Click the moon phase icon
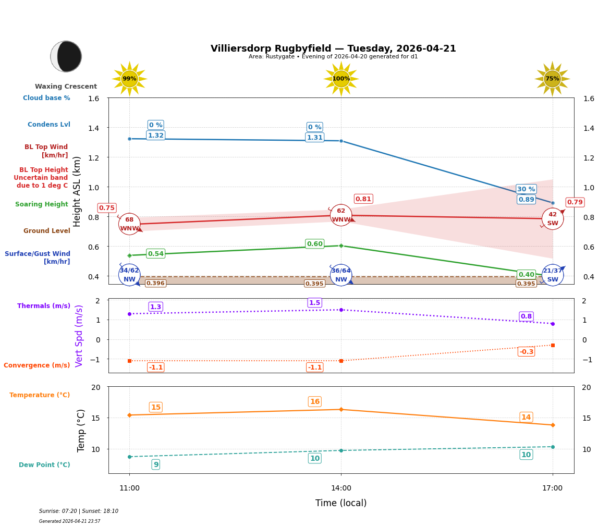click(66, 56)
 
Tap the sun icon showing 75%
click(552, 79)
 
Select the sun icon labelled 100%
click(341, 79)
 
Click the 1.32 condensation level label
click(156, 136)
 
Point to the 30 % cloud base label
click(526, 189)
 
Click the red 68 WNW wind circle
click(129, 224)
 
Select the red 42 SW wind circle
click(552, 219)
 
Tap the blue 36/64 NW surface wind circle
click(341, 275)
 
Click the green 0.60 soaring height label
click(314, 244)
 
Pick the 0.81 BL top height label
click(363, 199)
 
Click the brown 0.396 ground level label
click(155, 284)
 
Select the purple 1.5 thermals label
click(314, 303)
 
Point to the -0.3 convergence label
click(526, 352)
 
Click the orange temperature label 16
click(314, 402)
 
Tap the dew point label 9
click(156, 464)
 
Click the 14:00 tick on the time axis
click(341, 488)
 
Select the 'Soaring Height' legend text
click(42, 204)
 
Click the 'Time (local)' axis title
click(341, 503)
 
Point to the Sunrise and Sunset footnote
click(79, 511)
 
